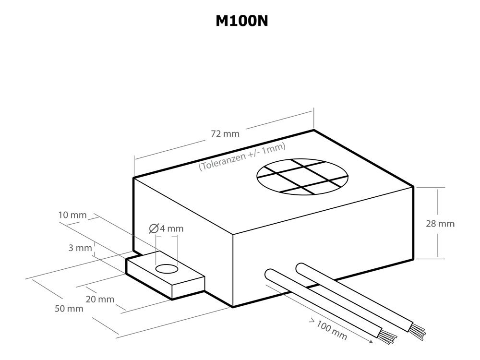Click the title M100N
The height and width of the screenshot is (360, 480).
(x=242, y=21)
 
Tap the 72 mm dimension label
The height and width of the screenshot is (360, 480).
(x=225, y=134)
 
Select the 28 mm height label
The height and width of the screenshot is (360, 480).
(x=440, y=224)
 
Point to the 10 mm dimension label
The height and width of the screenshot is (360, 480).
(x=72, y=215)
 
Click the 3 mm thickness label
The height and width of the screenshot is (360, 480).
(x=80, y=248)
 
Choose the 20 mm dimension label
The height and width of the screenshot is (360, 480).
(x=100, y=299)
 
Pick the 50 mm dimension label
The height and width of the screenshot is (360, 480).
(x=69, y=309)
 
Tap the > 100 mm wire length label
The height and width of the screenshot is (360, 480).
(x=328, y=328)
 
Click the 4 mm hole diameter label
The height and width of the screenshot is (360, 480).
(x=172, y=228)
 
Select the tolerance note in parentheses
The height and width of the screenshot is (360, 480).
(x=242, y=156)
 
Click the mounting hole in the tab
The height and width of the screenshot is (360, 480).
(x=167, y=269)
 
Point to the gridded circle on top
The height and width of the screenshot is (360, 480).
(x=302, y=177)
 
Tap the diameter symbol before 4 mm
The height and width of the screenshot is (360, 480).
(x=154, y=228)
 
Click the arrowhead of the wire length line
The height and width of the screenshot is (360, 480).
(x=371, y=341)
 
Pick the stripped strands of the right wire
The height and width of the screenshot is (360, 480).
(x=417, y=330)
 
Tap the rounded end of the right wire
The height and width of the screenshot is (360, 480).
(x=300, y=267)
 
